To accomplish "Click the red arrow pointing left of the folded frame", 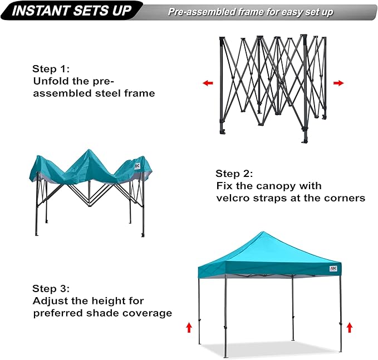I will click(x=208, y=83).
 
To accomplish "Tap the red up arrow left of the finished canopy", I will click(x=189, y=327).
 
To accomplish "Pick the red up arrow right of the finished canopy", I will click(x=350, y=327).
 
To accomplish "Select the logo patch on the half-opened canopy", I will click(x=138, y=165).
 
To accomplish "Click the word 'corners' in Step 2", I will click(x=345, y=198).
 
